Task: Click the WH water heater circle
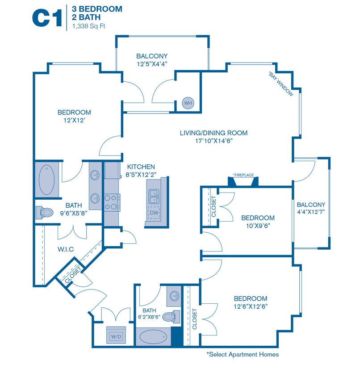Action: point(188,103)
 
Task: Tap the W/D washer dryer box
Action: point(116,335)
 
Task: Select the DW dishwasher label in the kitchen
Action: point(154,213)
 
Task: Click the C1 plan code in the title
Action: point(47,17)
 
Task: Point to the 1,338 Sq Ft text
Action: point(89,26)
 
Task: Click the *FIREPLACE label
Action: point(243,175)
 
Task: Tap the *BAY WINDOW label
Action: point(281,84)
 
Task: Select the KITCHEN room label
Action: point(141,167)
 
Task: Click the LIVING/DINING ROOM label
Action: point(213,133)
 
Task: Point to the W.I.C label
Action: point(66,249)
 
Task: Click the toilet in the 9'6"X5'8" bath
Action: point(45,212)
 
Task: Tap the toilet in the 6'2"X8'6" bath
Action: point(171,317)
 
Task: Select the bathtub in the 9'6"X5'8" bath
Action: point(46,180)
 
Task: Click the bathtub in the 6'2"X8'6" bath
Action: point(154,337)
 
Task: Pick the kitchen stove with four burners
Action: point(112,202)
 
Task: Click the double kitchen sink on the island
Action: point(154,197)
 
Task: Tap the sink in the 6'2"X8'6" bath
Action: point(174,296)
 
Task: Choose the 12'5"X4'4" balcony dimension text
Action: point(152,64)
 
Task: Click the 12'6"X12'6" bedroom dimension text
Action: point(251,306)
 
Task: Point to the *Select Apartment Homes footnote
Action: point(243,354)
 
